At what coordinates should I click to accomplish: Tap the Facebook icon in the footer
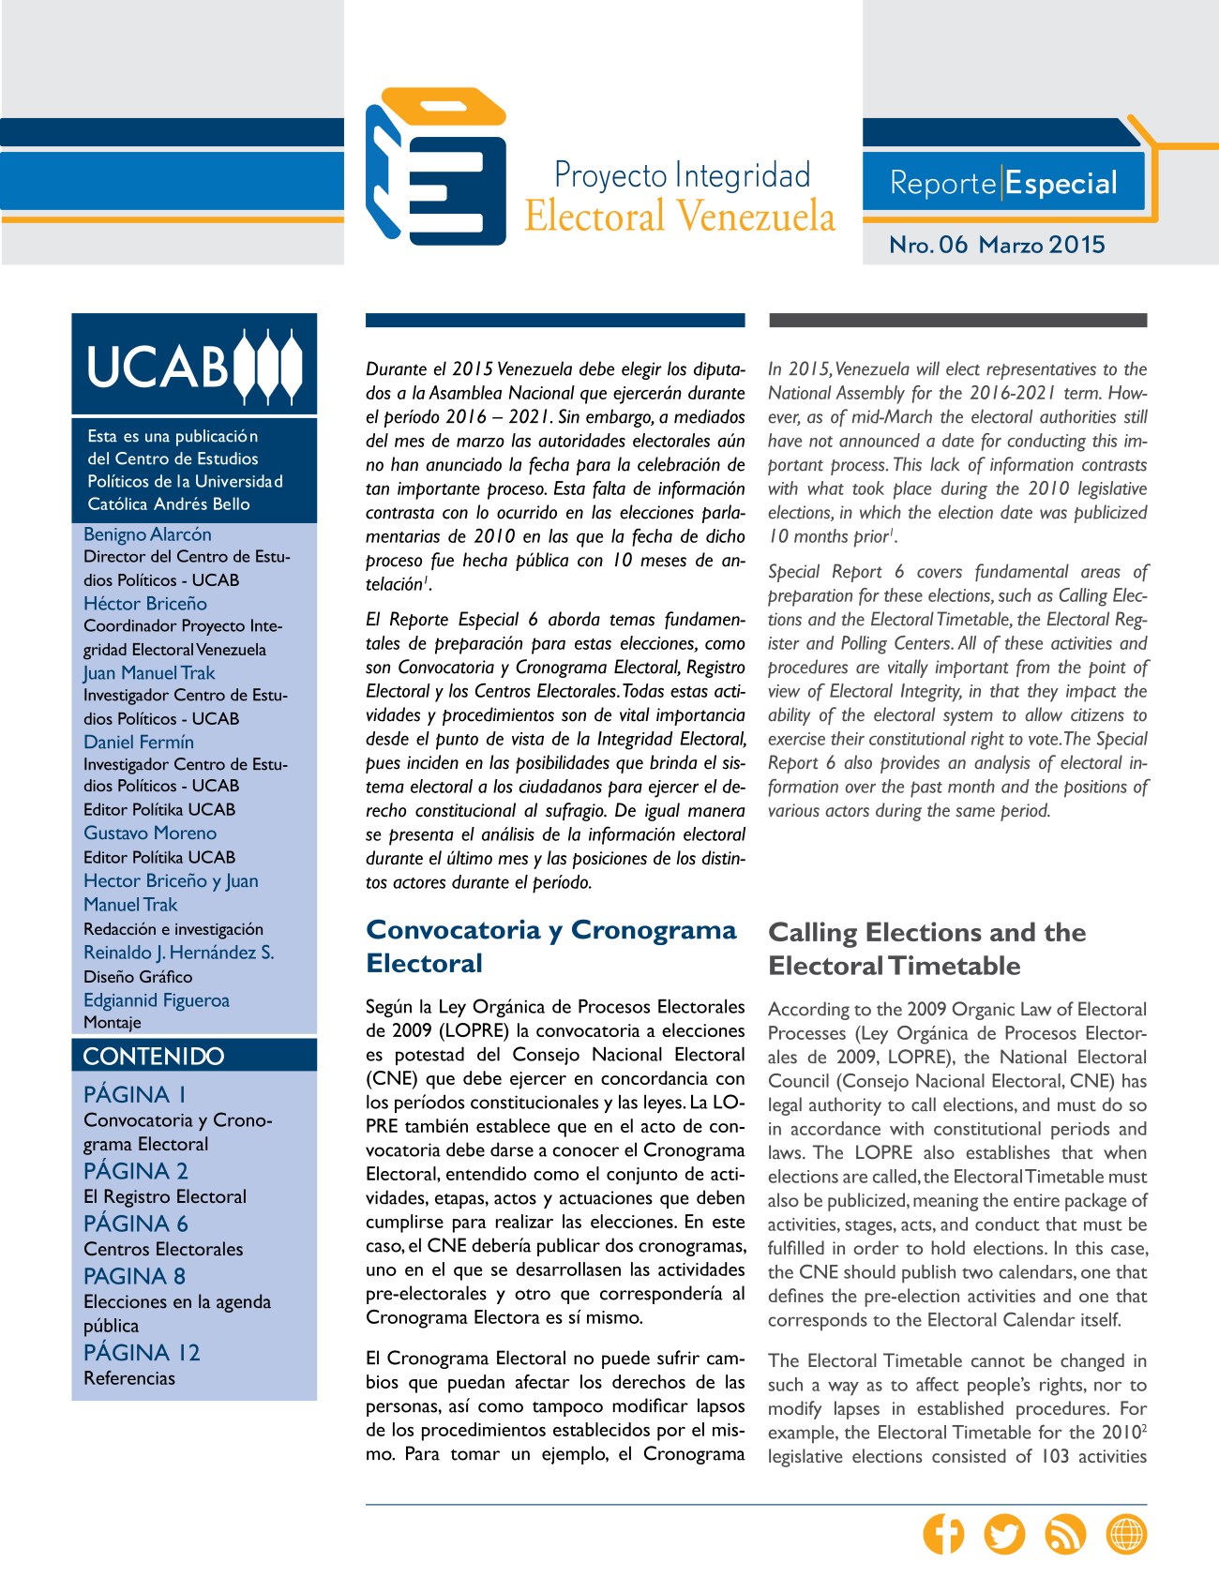point(943,1534)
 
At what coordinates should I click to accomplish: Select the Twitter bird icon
point(1004,1534)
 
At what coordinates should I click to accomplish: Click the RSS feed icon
point(1065,1534)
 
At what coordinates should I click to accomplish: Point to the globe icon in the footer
point(1126,1534)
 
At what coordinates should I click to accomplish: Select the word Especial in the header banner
point(1061,184)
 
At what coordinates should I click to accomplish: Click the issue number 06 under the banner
point(953,245)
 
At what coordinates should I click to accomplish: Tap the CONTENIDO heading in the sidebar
point(154,1056)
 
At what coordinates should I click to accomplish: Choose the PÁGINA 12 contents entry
point(142,1352)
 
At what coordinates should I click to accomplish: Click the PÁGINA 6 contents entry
point(136,1224)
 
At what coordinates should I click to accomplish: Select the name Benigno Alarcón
point(147,534)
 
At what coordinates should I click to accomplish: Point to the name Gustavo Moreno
point(150,833)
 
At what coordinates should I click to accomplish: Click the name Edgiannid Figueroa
point(157,1000)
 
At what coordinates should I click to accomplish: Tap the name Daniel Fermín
point(139,742)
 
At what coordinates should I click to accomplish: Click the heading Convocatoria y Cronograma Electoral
point(550,946)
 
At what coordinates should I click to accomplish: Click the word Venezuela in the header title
point(755,217)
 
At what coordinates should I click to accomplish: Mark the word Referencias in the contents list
point(129,1378)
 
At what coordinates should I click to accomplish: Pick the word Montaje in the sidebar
point(113,1022)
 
